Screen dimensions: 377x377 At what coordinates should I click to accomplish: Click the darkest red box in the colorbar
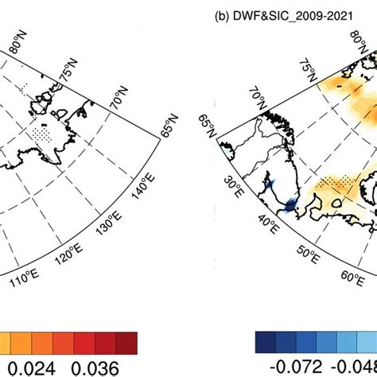click(126, 342)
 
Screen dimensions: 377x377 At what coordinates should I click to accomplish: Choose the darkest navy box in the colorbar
click(265, 342)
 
